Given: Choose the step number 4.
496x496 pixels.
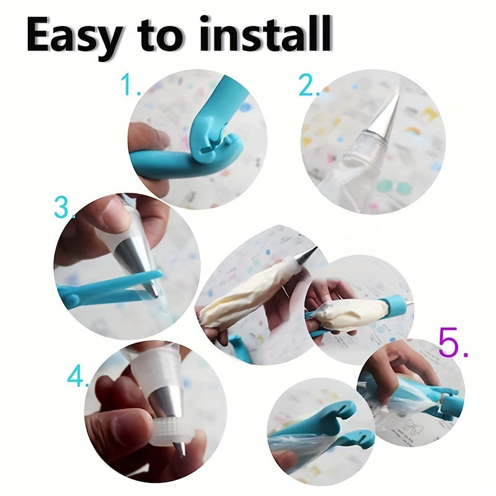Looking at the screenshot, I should tap(78, 376).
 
